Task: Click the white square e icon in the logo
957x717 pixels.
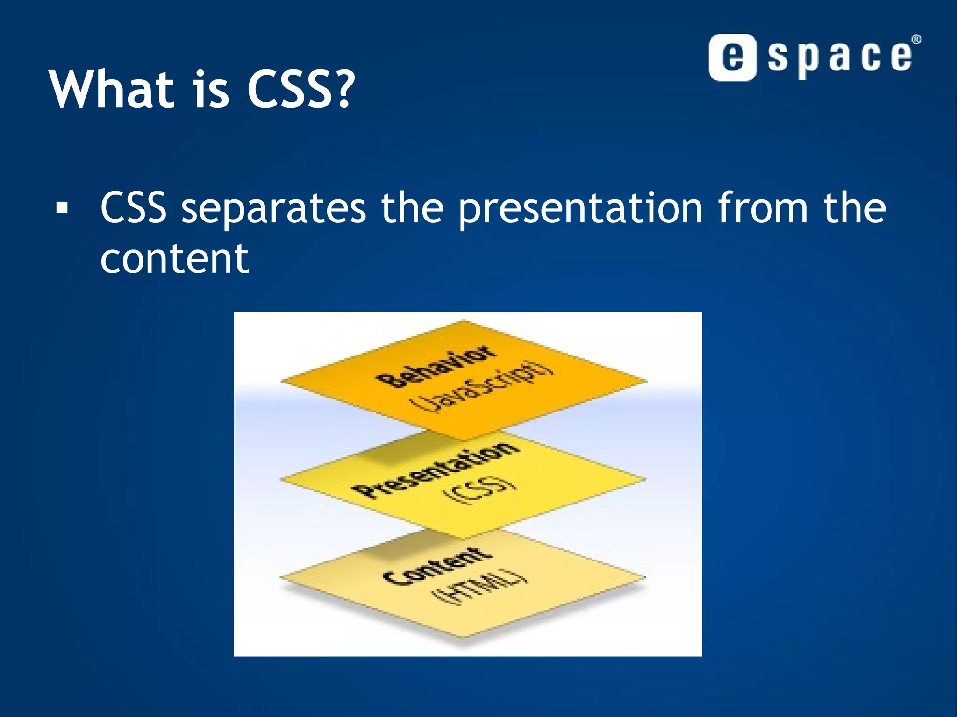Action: pyautogui.click(x=732, y=57)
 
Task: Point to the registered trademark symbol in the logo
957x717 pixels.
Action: pyautogui.click(x=916, y=40)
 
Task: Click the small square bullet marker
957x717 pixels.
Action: pyautogui.click(x=62, y=207)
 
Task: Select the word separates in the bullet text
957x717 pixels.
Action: pyautogui.click(x=273, y=208)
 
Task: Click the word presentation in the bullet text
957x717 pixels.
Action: pyautogui.click(x=579, y=208)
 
